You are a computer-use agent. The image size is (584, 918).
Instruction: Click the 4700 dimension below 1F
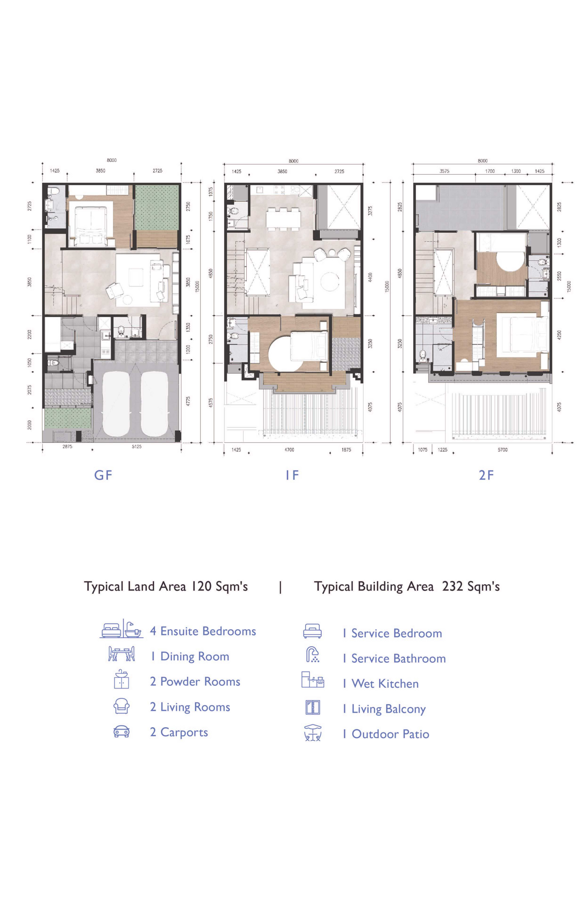(x=289, y=450)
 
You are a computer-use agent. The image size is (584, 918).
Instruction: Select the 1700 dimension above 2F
(x=490, y=171)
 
